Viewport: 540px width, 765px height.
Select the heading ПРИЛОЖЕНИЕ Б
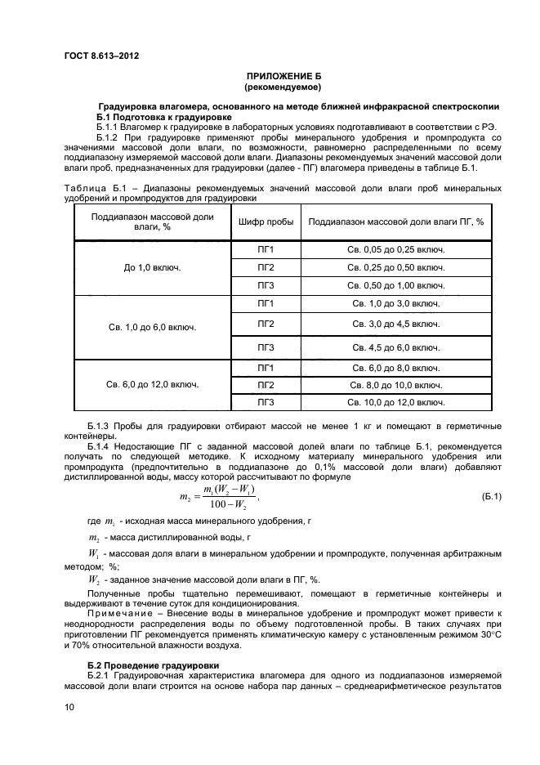(283, 75)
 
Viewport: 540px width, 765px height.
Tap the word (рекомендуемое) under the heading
(283, 86)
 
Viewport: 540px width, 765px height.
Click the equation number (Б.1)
(492, 497)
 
